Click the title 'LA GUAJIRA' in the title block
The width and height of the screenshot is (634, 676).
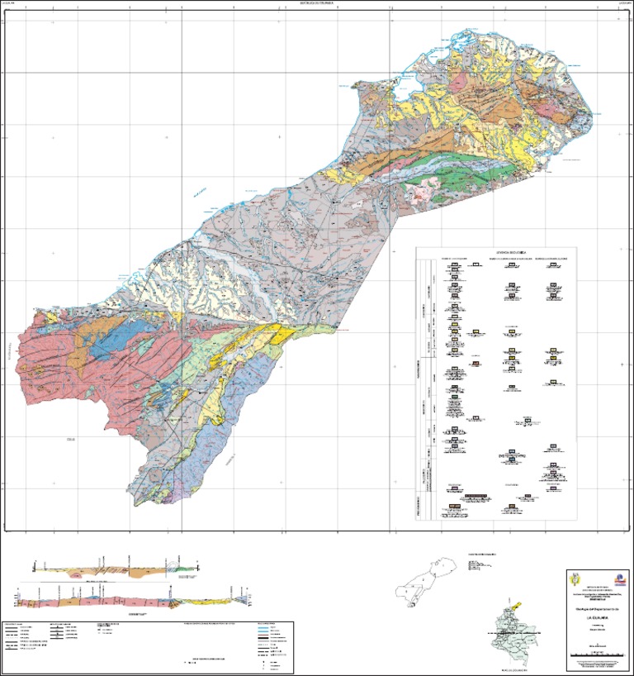pyautogui.click(x=596, y=616)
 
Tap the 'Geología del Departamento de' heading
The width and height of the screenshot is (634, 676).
pyautogui.click(x=596, y=608)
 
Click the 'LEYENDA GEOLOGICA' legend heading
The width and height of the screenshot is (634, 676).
pyautogui.click(x=495, y=254)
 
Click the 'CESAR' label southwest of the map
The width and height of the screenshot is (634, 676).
pyautogui.click(x=69, y=439)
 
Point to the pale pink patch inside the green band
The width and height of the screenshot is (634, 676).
pyautogui.click(x=421, y=193)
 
